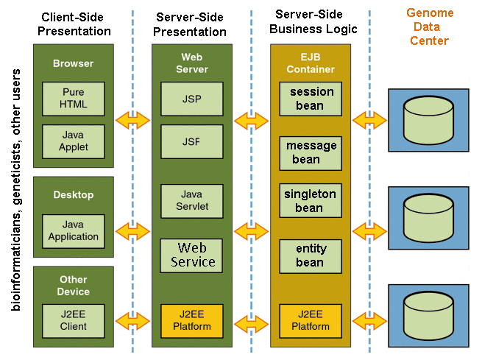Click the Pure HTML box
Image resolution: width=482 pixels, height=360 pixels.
[74, 99]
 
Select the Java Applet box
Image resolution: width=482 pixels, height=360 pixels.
[74, 141]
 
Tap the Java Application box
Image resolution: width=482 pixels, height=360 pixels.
[74, 231]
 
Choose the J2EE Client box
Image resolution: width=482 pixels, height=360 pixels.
[74, 321]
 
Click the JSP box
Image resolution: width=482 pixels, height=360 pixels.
[192, 99]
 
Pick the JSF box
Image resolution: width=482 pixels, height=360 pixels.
[192, 141]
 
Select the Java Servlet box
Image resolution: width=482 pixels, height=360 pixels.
[192, 201]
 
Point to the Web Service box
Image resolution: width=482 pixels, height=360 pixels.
[192, 255]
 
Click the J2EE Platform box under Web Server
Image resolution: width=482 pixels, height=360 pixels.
[192, 321]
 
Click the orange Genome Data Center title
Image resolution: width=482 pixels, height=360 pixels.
[430, 27]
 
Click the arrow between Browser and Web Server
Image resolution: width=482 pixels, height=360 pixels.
[132, 119]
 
